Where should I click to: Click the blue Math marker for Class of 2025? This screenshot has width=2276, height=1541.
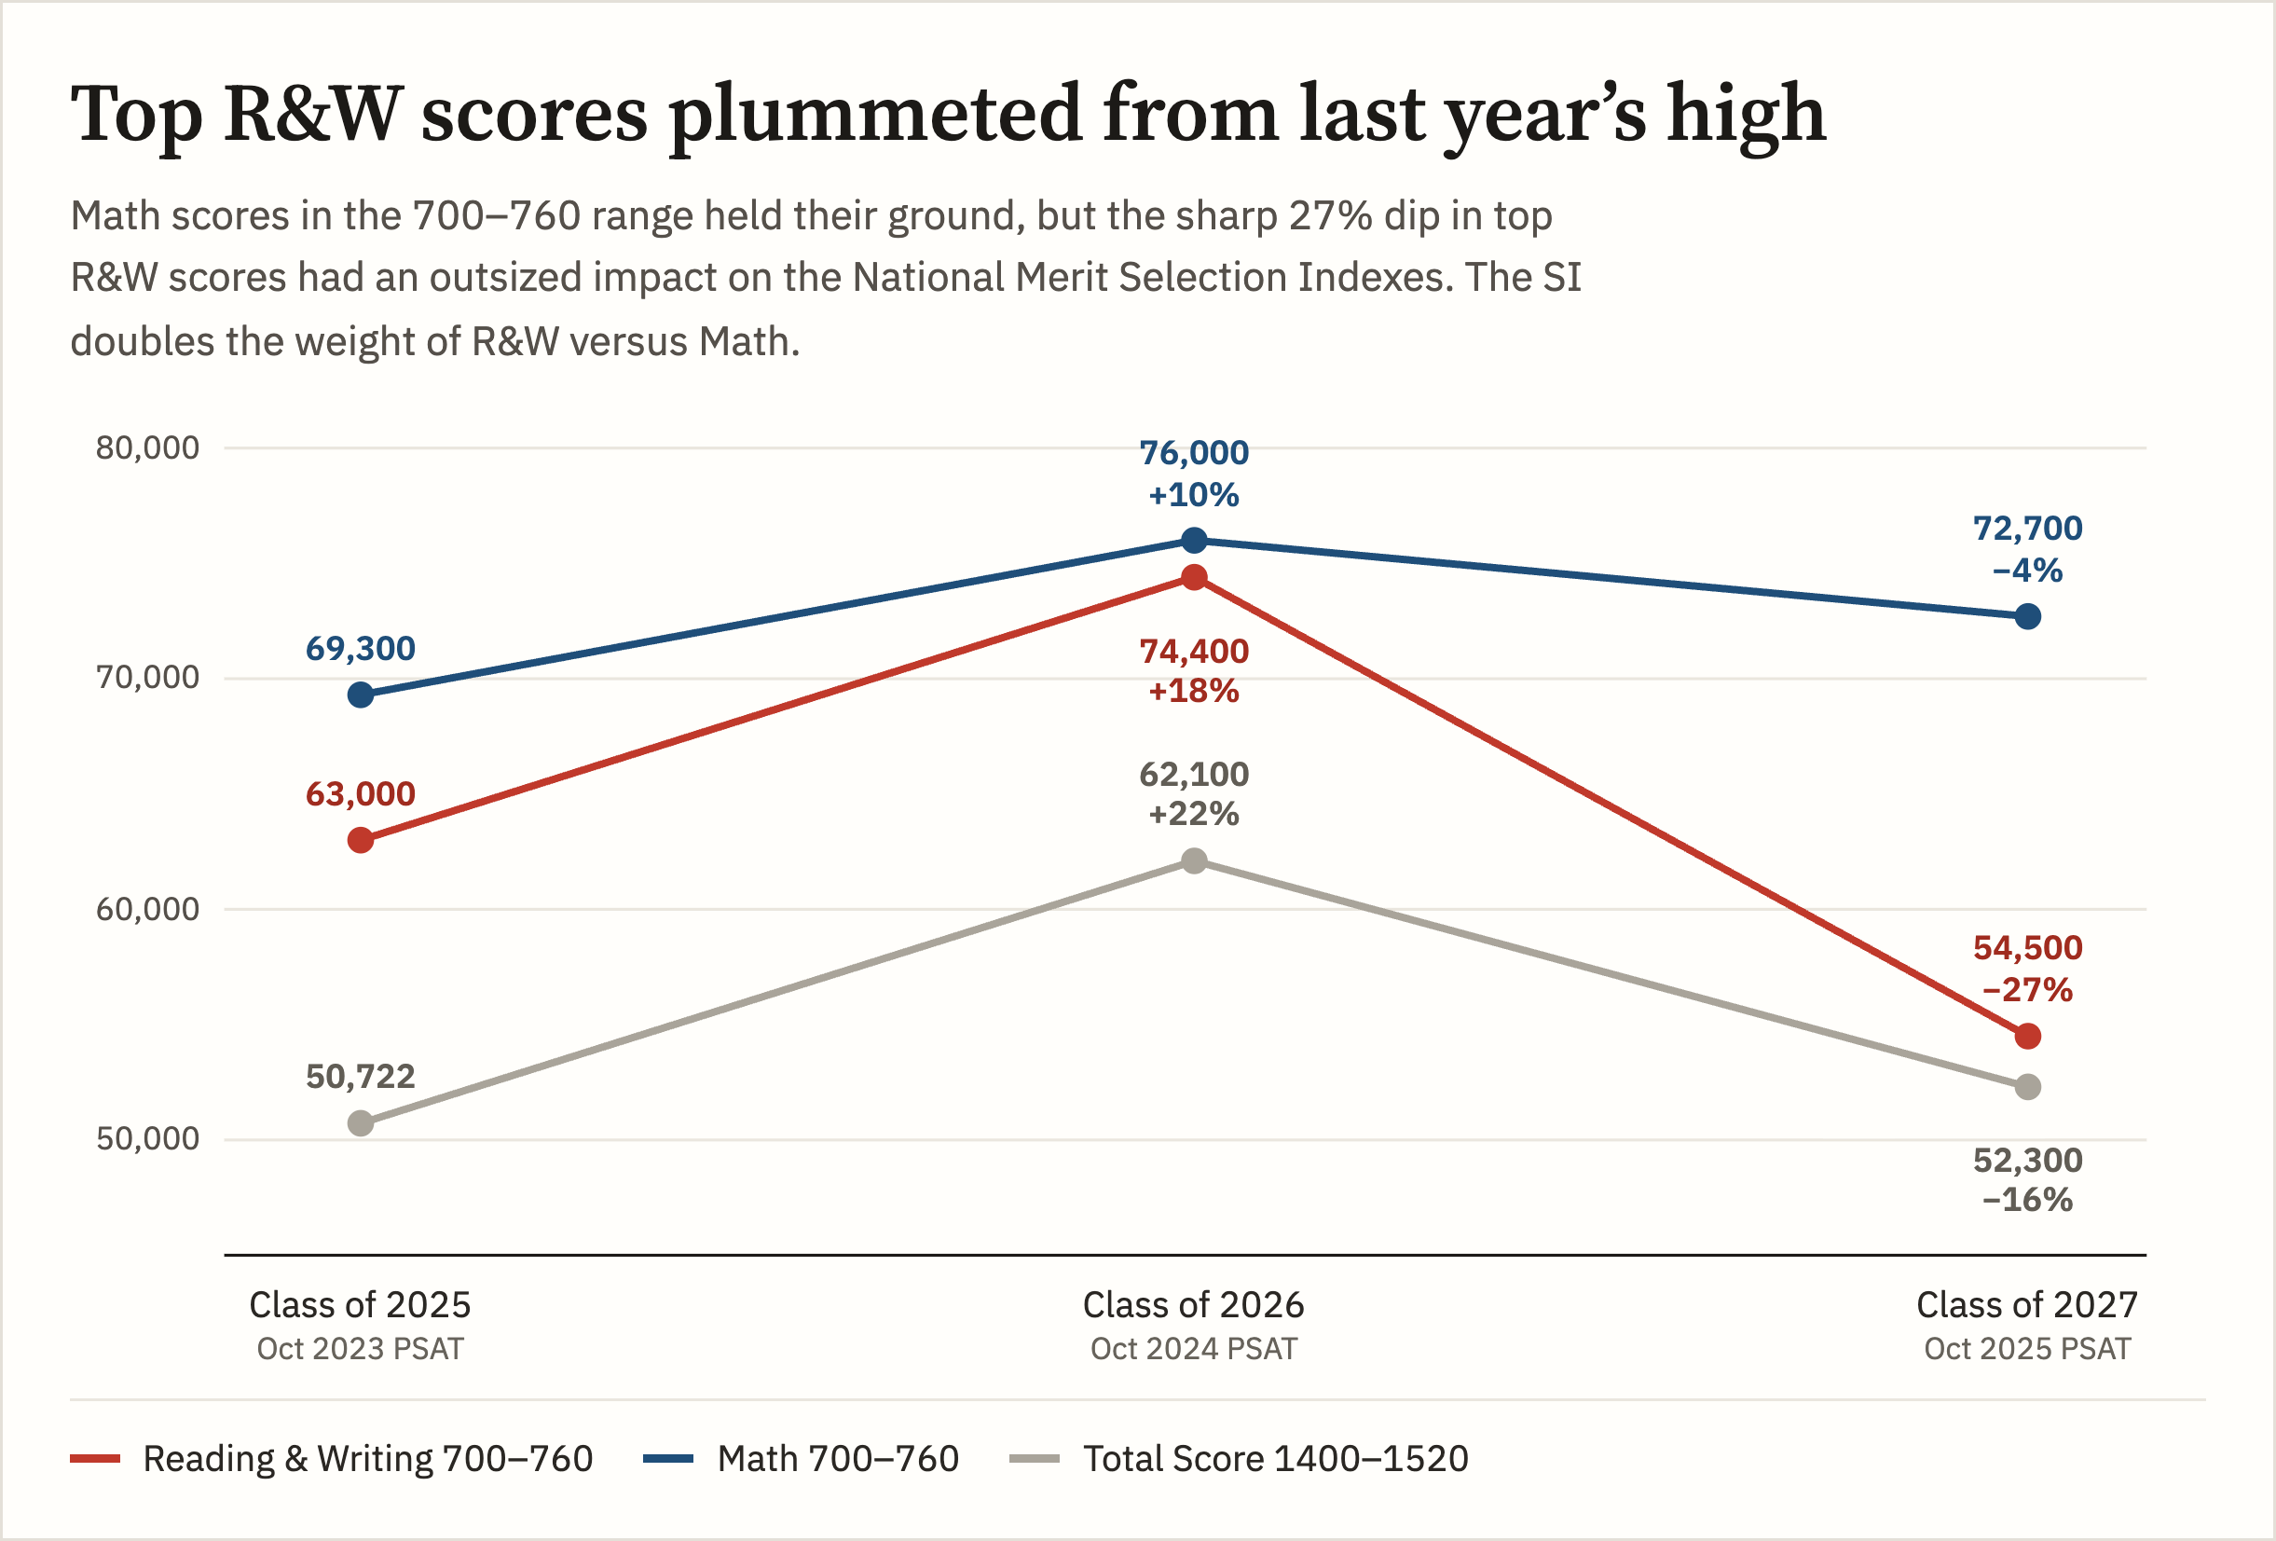[361, 695]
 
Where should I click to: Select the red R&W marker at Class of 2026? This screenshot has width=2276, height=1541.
[1194, 578]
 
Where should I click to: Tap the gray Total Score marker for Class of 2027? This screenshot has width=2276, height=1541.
[2027, 1086]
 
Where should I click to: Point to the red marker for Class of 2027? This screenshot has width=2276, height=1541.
[2027, 1036]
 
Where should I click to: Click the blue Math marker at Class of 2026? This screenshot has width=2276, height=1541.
[1194, 540]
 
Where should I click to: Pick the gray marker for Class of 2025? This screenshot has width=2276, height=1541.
[361, 1122]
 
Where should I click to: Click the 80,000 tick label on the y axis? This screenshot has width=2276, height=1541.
[147, 447]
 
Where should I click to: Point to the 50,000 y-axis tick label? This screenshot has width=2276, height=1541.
[147, 1138]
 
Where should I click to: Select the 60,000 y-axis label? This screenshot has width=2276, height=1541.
[147, 909]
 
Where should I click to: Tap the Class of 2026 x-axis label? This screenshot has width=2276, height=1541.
[1193, 1305]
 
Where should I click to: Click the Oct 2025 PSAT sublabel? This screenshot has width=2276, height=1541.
[2026, 1349]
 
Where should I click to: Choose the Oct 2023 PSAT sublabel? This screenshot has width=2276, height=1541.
[360, 1349]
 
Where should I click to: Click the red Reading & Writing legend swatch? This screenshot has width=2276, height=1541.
[95, 1459]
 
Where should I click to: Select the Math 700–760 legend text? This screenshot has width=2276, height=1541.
[837, 1459]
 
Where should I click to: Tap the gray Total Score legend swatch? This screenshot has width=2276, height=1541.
[1035, 1459]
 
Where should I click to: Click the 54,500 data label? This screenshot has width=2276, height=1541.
[2027, 947]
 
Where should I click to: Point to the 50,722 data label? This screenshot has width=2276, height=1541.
[361, 1077]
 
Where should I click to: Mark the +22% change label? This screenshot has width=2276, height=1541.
[1194, 813]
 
